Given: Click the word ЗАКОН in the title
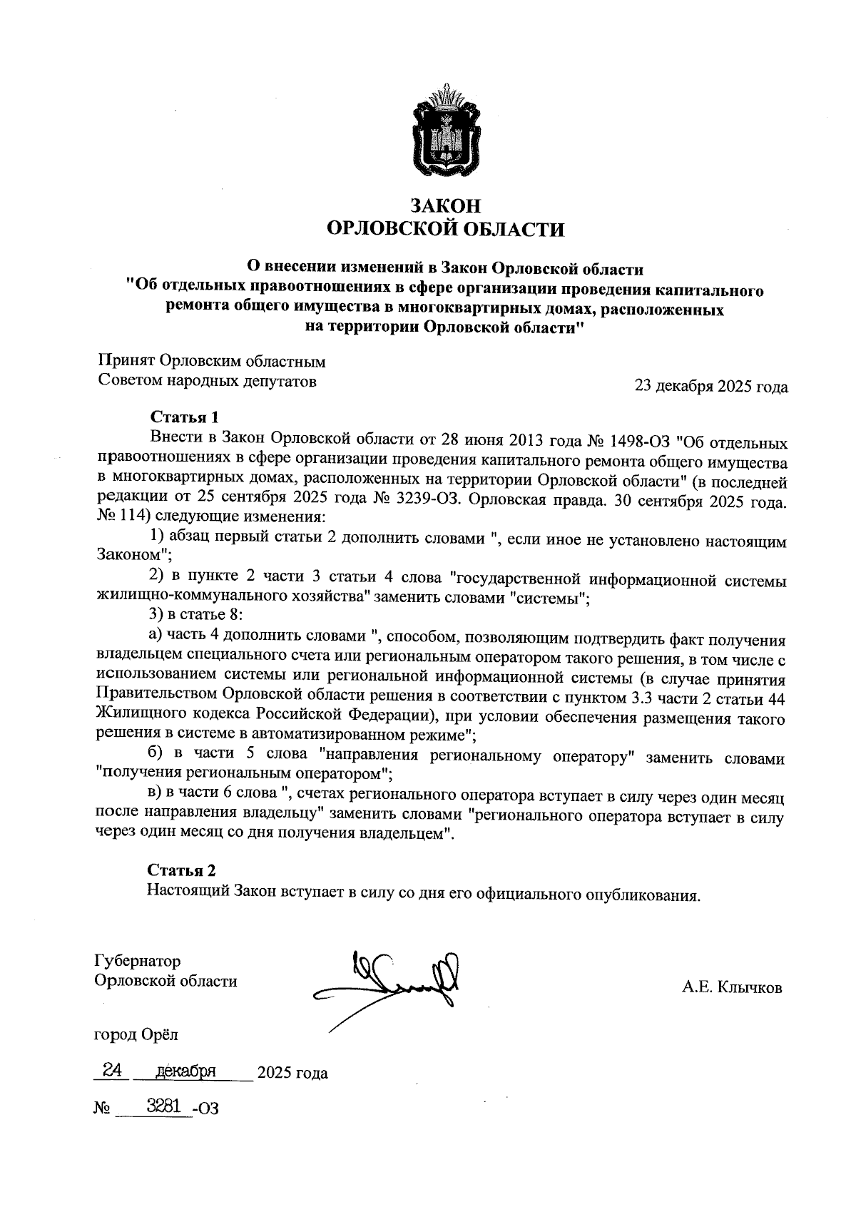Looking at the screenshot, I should coord(445,206).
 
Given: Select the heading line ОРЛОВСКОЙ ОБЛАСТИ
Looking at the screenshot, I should coord(445,230).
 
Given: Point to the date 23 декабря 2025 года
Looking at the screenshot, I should coord(711,387).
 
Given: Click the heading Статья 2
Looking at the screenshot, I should coord(181,870).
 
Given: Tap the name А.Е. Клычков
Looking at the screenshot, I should coord(732,988).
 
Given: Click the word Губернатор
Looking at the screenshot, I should coord(138,962).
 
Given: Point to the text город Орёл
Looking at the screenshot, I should coord(136,1034).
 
